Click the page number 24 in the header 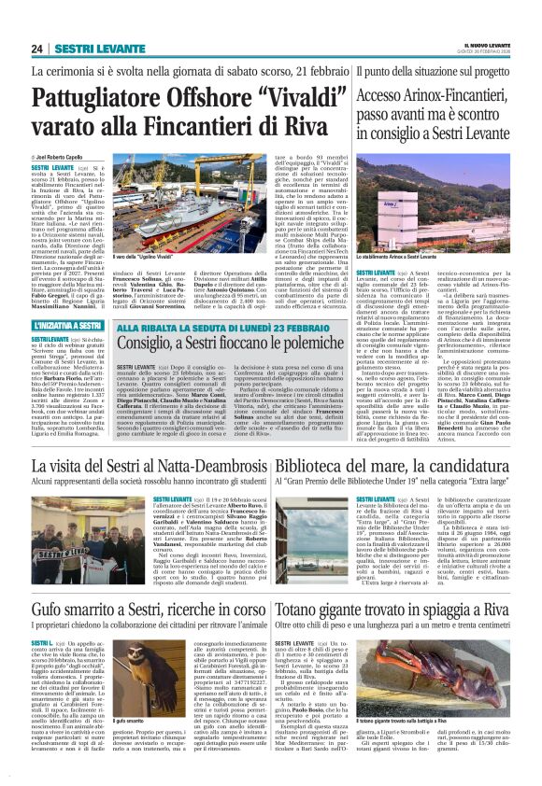(37, 49)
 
